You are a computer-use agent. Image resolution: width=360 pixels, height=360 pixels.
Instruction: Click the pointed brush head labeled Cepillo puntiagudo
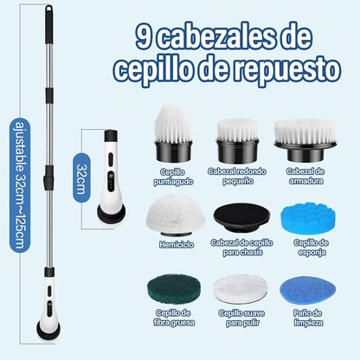tap(173, 133)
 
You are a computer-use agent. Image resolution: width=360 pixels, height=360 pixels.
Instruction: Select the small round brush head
tap(237, 141)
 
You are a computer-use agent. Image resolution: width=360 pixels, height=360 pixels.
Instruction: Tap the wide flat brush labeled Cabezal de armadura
tap(305, 140)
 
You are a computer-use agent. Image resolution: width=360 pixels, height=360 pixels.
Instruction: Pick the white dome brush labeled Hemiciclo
tap(176, 215)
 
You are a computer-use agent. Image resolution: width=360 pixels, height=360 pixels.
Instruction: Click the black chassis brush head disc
tap(241, 217)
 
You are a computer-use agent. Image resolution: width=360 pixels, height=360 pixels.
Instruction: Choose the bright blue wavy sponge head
tap(308, 218)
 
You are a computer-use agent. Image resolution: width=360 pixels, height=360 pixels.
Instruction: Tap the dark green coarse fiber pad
tap(174, 289)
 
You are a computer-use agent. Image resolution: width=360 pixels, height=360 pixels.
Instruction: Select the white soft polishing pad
tap(241, 289)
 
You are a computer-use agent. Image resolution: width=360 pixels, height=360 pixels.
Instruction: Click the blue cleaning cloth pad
tap(307, 290)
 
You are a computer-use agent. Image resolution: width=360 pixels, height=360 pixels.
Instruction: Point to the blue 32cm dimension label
tap(81, 177)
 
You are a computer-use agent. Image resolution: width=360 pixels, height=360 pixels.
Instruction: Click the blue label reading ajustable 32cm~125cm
tap(20, 185)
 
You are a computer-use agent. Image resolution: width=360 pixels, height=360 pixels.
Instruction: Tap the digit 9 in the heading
tap(144, 36)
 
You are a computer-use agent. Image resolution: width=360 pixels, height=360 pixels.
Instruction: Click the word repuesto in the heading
tap(287, 69)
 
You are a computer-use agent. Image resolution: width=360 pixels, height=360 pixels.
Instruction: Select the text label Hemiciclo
tap(177, 245)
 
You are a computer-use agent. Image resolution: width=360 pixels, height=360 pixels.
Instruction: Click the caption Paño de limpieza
tap(308, 318)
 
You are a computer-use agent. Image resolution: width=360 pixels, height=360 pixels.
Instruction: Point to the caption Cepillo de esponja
tap(311, 247)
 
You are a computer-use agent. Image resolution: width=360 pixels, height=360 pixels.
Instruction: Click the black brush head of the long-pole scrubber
tap(48, 330)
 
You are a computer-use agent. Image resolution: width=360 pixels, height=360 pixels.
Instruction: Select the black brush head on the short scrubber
tap(111, 213)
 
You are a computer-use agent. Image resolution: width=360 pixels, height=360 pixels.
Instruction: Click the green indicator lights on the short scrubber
tap(111, 183)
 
